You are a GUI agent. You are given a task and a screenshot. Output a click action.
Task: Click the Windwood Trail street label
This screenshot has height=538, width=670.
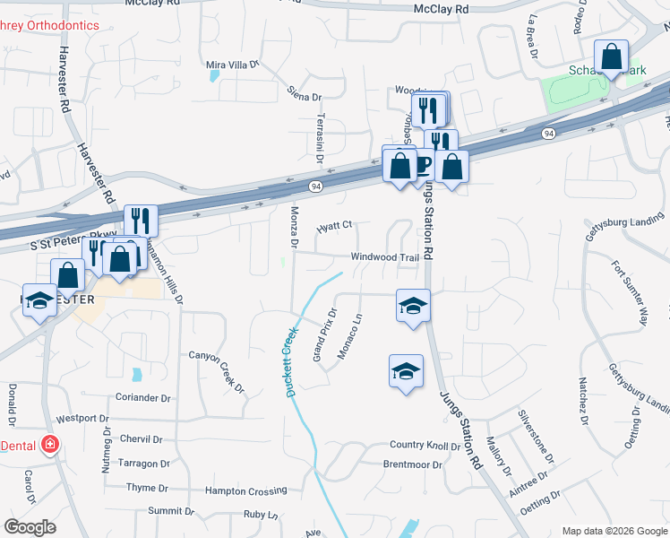click(x=384, y=257)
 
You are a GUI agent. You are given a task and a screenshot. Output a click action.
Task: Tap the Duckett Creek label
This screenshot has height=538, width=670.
click(x=290, y=362)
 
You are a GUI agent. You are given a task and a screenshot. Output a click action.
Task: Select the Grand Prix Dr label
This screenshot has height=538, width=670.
click(x=323, y=335)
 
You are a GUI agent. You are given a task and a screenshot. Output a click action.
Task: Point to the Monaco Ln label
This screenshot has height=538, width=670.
click(x=350, y=336)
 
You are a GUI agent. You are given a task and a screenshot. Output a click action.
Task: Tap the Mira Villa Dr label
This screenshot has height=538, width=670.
click(x=232, y=65)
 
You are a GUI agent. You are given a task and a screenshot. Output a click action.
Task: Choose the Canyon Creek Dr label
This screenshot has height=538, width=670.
click(x=216, y=370)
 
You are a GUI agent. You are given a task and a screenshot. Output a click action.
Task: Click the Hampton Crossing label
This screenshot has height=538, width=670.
click(x=245, y=490)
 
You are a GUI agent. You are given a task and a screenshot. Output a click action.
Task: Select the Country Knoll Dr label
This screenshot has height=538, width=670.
click(x=425, y=446)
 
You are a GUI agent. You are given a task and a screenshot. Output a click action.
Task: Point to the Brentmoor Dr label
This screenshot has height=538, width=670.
click(x=412, y=464)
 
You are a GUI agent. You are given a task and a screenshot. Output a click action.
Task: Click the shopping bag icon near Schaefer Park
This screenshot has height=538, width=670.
click(x=611, y=57)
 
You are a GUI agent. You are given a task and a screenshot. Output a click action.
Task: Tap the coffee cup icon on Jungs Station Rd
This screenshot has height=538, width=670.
click(x=421, y=164)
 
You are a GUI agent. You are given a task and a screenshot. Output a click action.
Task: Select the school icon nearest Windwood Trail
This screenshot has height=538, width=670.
click(x=412, y=306)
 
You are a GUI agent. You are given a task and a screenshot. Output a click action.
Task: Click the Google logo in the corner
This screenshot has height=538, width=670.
click(x=30, y=527)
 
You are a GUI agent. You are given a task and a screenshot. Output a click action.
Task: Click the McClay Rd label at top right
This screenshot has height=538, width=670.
click(x=442, y=8)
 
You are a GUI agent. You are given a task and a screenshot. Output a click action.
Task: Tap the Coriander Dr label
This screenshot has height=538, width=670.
click(x=142, y=397)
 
